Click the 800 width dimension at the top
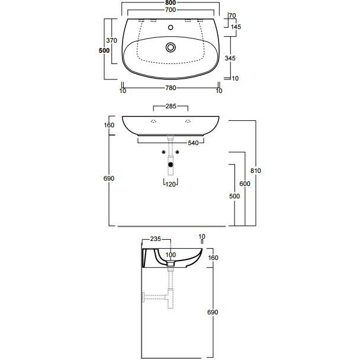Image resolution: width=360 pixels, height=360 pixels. (x=171, y=3)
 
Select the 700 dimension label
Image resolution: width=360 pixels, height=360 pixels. (x=171, y=10)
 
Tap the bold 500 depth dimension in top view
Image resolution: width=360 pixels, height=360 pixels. (x=104, y=50)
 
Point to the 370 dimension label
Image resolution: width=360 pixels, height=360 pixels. (x=111, y=40)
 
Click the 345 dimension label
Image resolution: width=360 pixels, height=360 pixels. (x=230, y=58)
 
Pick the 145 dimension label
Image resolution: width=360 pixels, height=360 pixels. (x=236, y=27)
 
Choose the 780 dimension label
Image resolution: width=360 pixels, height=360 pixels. (x=171, y=88)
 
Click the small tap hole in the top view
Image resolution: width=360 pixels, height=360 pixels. (x=171, y=28)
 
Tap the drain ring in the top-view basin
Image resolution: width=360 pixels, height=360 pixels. (x=171, y=47)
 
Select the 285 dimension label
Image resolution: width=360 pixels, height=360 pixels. (x=171, y=107)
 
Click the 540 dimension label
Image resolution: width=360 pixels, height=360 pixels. (x=193, y=143)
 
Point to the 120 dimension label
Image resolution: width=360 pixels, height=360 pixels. (x=171, y=184)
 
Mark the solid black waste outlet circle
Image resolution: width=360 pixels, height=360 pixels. (x=171, y=165)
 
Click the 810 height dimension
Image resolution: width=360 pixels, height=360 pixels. (x=256, y=171)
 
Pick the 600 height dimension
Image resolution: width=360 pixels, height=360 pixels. (x=245, y=184)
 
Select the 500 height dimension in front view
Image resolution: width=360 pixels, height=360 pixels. (x=234, y=196)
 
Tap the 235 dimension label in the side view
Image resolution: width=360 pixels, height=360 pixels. (x=156, y=239)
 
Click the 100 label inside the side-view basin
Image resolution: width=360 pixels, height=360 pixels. (x=171, y=255)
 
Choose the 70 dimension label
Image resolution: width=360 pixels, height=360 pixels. (x=232, y=15)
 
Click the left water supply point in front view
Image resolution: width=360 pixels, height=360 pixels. (x=163, y=152)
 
